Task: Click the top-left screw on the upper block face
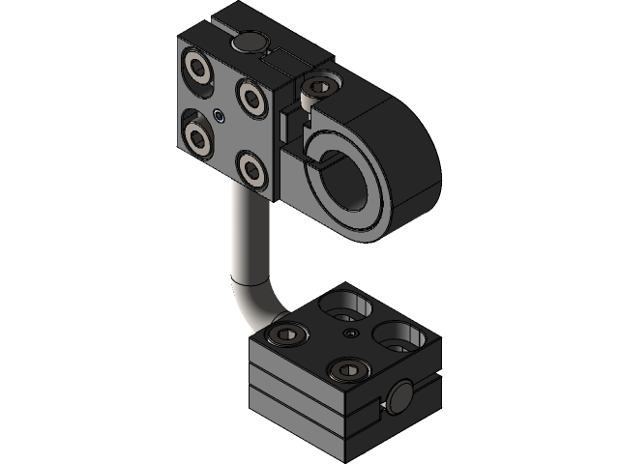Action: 200,69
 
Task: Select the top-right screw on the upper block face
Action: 251,96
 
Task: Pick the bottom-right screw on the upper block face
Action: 253,170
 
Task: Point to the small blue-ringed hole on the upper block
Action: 221,117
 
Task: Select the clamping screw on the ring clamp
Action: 315,89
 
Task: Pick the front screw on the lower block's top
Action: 348,368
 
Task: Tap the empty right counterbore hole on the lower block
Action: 400,335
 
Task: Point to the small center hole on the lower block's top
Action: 350,333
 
